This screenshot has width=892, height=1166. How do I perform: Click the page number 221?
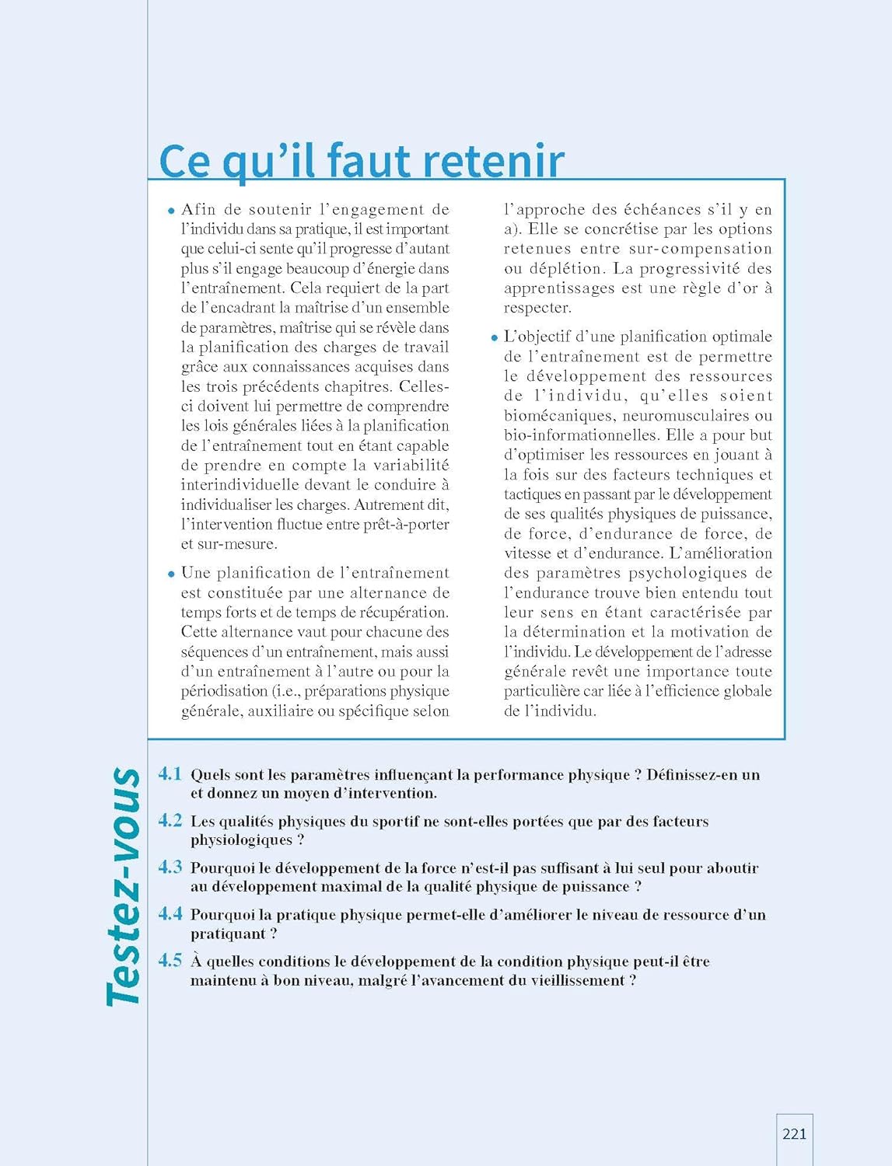[x=794, y=1134]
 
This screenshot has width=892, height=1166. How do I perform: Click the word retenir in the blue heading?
[x=493, y=161]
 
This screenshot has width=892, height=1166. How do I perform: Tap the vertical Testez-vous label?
[x=124, y=887]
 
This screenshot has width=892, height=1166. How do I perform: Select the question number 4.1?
[x=170, y=773]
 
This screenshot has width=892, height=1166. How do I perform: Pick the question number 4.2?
[x=170, y=820]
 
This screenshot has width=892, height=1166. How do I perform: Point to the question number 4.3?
[x=170, y=867]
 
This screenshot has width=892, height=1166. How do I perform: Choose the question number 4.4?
[x=170, y=913]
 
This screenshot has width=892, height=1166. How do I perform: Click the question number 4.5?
[x=170, y=961]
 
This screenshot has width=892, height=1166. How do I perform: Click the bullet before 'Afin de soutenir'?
[x=171, y=211]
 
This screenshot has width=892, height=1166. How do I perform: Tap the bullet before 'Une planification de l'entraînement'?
[x=171, y=574]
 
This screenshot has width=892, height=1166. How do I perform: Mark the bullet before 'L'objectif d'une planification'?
[x=494, y=338]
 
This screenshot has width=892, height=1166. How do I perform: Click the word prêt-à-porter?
[x=409, y=524]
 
